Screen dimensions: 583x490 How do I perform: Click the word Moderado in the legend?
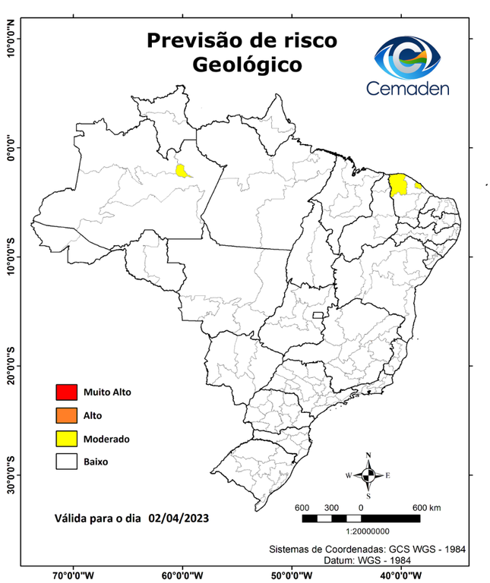[x=107, y=439]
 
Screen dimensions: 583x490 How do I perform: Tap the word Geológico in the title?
[x=246, y=65]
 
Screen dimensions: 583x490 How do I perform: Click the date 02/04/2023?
[x=179, y=518]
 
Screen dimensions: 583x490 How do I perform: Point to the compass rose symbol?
[x=368, y=476]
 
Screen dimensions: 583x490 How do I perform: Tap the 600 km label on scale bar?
[x=426, y=507]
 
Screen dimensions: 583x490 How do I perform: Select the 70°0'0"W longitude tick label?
[x=74, y=575]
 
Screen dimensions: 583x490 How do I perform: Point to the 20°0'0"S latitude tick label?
[x=10, y=366]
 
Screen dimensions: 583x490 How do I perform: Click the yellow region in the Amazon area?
[x=182, y=171]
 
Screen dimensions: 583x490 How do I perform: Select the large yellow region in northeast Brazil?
[x=397, y=184]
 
